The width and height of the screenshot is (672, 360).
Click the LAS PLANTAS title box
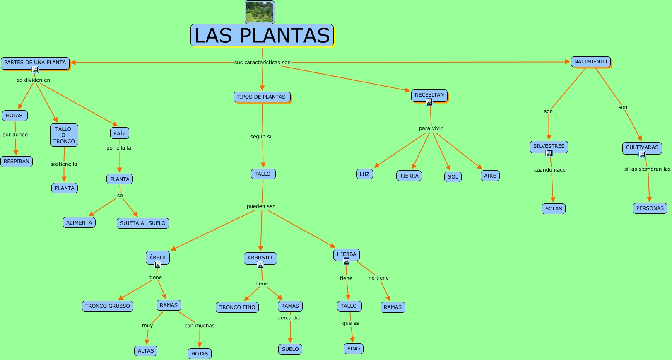pos(262,35)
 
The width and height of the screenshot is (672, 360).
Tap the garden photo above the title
pos(260,12)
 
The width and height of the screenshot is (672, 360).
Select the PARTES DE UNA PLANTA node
pos(35,63)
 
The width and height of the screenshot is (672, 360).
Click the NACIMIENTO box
pos(590,62)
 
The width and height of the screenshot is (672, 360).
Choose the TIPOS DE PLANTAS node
pos(261,97)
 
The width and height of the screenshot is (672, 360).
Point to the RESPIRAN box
pos(17,162)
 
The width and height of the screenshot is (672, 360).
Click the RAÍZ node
pos(120,133)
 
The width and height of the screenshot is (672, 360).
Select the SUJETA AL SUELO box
pos(142,223)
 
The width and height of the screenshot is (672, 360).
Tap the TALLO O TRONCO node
pos(64,135)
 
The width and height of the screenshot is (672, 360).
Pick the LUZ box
pos(364,174)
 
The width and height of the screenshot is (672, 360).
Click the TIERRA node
pos(409,176)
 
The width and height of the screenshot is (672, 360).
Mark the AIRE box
pos(490,176)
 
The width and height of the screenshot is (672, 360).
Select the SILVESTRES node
pos(549,146)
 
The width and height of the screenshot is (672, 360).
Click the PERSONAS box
pos(650,208)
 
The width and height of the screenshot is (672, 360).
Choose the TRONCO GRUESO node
pos(108,306)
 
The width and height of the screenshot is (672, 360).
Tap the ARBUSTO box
pos(260,258)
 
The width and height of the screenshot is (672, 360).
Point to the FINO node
pos(354,349)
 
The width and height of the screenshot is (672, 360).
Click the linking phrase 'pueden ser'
pos(260,206)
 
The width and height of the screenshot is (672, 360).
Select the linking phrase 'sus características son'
pos(263,63)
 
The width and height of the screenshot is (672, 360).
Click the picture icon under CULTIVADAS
pos(642,155)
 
